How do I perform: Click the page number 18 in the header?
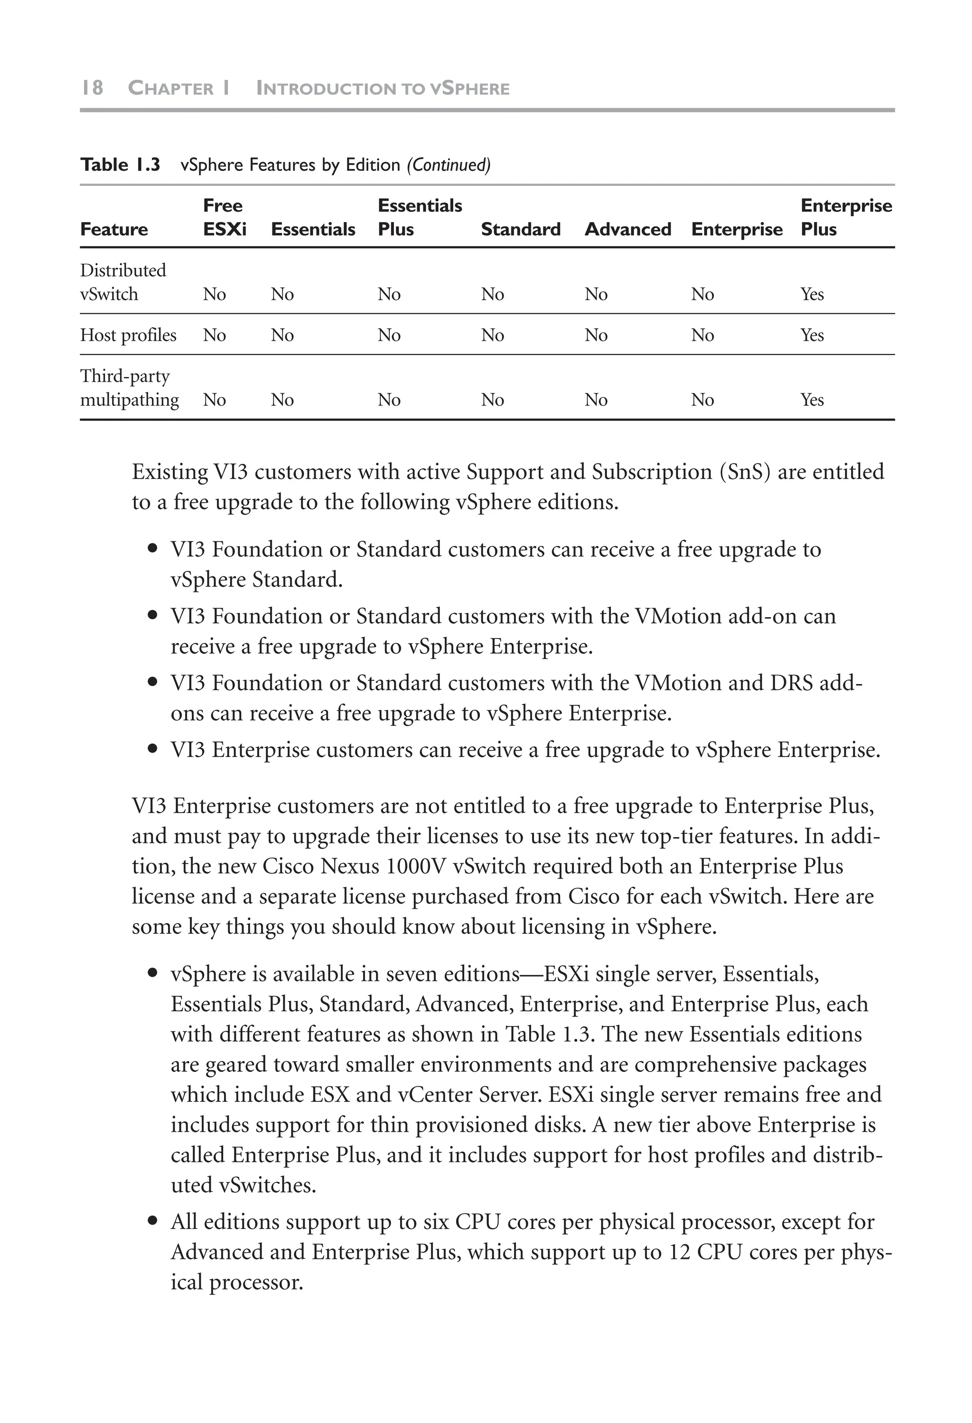[x=92, y=88]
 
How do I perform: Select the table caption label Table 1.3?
[x=120, y=165]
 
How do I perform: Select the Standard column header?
[x=521, y=229]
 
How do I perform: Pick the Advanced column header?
[x=628, y=229]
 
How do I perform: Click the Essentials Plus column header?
[x=420, y=217]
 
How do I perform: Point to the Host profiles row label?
[x=128, y=335]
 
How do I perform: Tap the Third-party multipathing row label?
[x=129, y=388]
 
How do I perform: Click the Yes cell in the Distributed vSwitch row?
[x=812, y=295]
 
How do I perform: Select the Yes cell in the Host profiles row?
[x=812, y=335]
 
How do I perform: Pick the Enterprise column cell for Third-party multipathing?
[x=702, y=400]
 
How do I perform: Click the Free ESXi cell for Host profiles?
[x=215, y=335]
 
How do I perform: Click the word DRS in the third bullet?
[x=791, y=683]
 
